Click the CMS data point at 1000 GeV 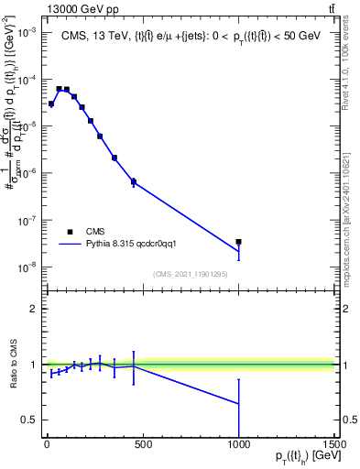(x=238, y=242)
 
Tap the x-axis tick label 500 (x=142, y=444)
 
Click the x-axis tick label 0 (x=47, y=444)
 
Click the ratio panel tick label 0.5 (x=29, y=420)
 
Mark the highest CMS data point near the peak (x=59, y=89)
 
